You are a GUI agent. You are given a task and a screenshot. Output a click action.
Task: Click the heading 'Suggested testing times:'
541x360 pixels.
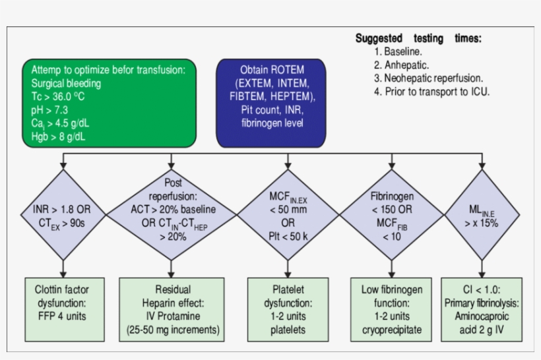click(x=418, y=38)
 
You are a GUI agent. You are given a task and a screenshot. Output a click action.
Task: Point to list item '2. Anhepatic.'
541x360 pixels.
click(x=401, y=65)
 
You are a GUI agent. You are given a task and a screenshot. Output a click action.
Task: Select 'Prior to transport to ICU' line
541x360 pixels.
click(x=431, y=92)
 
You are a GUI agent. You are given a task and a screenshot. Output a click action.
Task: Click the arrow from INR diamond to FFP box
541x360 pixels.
click(x=63, y=269)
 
